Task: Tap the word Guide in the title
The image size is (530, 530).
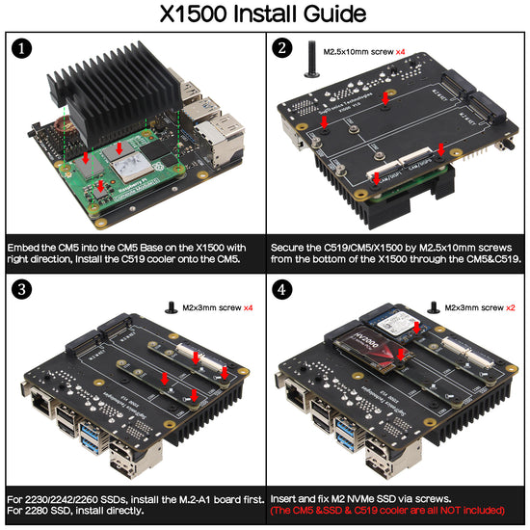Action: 330,14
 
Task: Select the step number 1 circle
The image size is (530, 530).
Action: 23,48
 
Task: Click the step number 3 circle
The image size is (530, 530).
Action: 23,288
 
